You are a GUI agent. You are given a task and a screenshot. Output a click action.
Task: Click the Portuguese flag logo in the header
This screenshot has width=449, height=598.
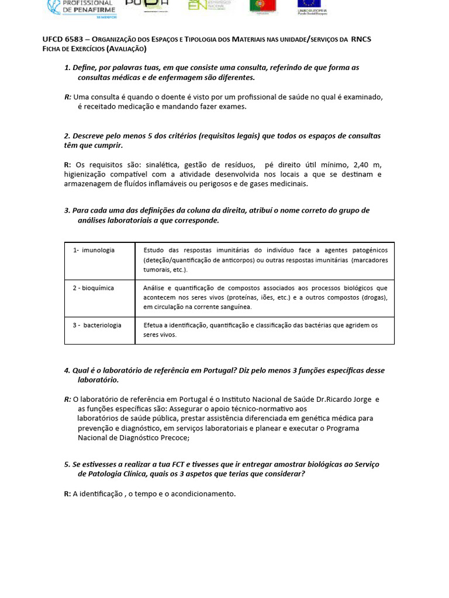coord(263,6)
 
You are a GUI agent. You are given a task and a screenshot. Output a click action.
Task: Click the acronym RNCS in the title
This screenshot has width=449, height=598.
coord(361,39)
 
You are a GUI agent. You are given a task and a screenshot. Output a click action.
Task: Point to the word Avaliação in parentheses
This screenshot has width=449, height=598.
coord(126,48)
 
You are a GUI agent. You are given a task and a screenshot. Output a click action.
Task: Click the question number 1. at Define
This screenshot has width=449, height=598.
coord(67,68)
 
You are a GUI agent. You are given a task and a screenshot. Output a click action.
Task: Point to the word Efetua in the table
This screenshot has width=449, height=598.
coord(154,325)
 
